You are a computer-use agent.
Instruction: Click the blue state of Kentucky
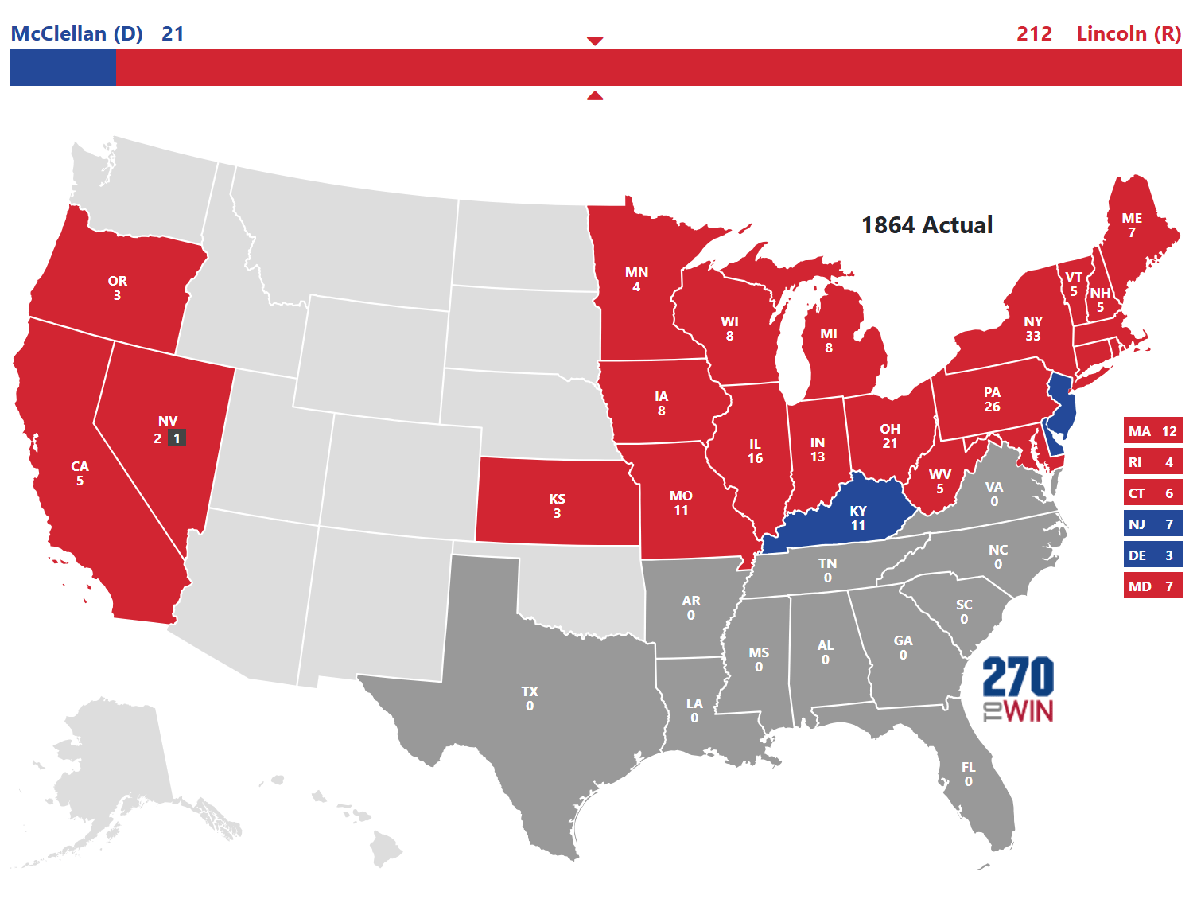(843, 517)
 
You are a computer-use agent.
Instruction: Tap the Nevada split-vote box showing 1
(177, 438)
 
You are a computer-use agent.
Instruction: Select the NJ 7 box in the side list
(1152, 524)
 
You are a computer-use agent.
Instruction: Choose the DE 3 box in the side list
(1152, 555)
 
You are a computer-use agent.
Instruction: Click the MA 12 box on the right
(1152, 431)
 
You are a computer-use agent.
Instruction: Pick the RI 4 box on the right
(1152, 462)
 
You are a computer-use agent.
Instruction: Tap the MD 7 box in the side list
(1152, 586)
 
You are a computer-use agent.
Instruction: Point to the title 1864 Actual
(927, 225)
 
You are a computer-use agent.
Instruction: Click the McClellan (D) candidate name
(76, 33)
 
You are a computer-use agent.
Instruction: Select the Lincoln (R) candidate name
(1128, 33)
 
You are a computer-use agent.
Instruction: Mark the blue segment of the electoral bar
(63, 67)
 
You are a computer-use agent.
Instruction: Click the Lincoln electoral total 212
(1034, 33)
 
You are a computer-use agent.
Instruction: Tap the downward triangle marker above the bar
(595, 41)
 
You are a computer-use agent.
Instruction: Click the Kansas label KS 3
(557, 506)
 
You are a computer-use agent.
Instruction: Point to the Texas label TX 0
(530, 699)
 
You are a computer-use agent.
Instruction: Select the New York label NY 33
(1032, 329)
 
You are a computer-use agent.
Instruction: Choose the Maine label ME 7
(1132, 225)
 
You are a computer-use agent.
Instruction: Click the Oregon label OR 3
(117, 288)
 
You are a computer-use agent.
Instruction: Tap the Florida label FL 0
(968, 774)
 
